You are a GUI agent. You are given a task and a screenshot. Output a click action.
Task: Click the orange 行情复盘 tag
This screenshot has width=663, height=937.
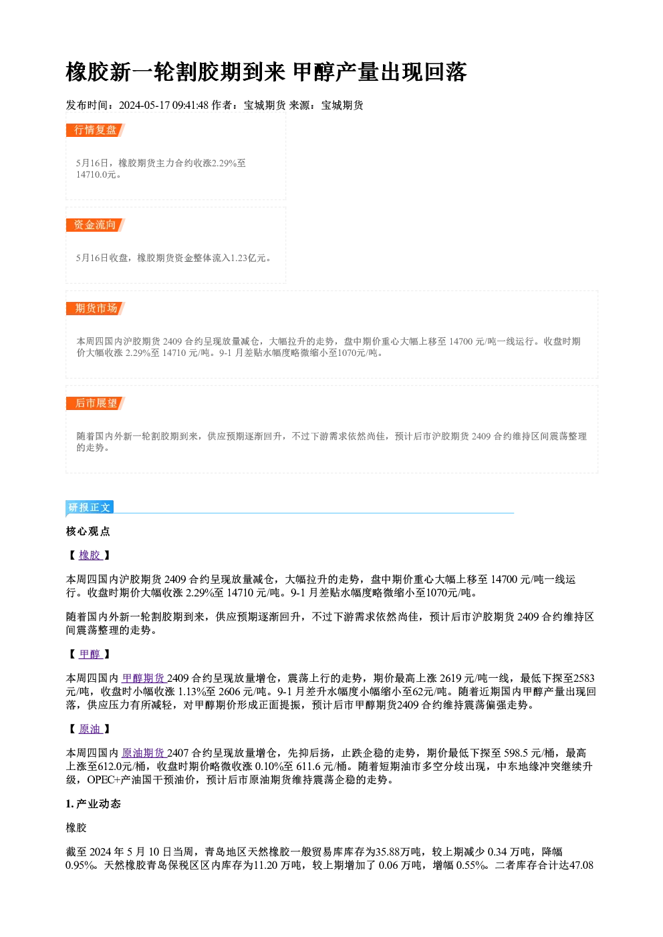[96, 130]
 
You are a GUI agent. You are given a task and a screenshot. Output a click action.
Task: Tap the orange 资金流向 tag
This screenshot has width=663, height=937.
[96, 225]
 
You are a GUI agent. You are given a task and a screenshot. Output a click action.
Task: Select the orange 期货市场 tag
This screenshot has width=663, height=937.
[96, 309]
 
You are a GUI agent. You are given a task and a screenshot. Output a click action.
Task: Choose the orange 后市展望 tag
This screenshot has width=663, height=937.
[96, 403]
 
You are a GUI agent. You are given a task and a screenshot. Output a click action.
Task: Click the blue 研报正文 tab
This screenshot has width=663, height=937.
[90, 507]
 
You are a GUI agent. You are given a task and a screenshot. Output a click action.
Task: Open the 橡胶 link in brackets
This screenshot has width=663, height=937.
[90, 555]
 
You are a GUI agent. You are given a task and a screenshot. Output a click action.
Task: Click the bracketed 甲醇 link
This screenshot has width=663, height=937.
[90, 654]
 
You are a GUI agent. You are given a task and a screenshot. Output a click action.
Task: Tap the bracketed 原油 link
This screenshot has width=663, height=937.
[90, 729]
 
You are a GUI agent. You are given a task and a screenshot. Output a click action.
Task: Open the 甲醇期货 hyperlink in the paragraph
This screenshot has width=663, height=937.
[144, 678]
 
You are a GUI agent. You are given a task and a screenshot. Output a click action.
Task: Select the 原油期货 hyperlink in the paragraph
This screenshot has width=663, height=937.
[144, 753]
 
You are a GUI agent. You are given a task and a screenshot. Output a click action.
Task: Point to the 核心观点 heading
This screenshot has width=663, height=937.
[88, 531]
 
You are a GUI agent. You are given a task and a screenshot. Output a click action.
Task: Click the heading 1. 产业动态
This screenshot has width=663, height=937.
[94, 803]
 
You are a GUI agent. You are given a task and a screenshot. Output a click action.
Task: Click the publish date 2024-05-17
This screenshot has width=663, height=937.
[144, 105]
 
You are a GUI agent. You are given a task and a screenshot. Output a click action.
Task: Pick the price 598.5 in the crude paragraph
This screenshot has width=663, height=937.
[516, 753]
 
